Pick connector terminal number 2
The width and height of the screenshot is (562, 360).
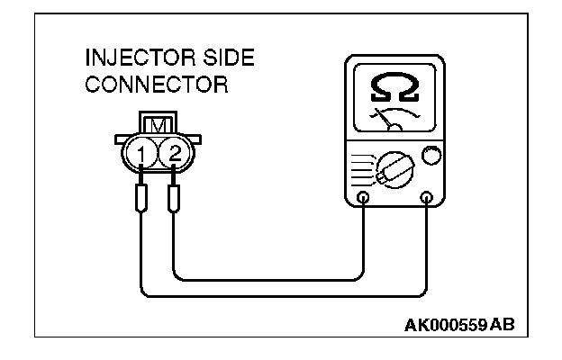175,153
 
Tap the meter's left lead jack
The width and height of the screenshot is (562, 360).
363,198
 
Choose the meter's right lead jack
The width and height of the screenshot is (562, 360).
427,198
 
